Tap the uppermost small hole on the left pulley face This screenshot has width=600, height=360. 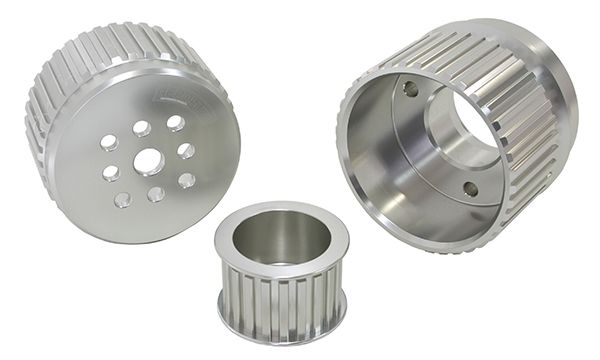[176, 122]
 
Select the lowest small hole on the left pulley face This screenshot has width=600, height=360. [122, 199]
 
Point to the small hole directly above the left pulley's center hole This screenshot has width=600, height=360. [142, 129]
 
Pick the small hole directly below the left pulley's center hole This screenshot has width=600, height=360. [156, 193]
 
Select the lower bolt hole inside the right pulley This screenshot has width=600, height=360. [470, 187]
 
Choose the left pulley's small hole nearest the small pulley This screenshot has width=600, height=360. [186, 181]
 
